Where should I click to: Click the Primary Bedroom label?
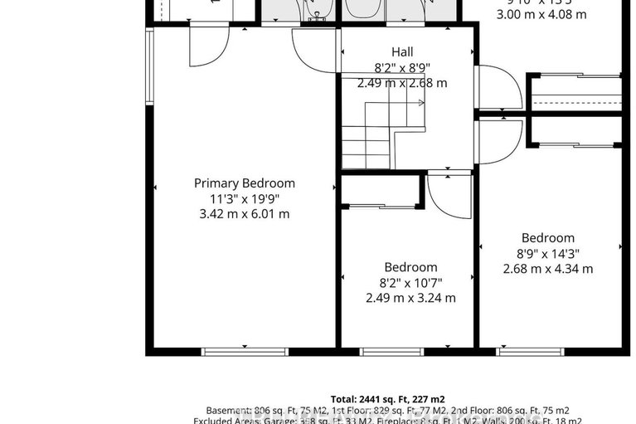coord(244,183)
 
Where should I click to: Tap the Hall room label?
coord(401,52)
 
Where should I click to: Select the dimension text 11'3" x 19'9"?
coord(244,198)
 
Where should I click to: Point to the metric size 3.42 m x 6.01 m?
coord(244,214)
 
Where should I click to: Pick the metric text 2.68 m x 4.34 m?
coord(548,269)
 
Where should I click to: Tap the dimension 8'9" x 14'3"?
coord(548,254)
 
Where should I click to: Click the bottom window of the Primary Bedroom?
coord(245,352)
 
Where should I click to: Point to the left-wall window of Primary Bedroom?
coord(150,66)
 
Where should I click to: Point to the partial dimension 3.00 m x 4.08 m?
coord(541,14)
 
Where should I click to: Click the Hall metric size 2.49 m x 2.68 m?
coord(401,83)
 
